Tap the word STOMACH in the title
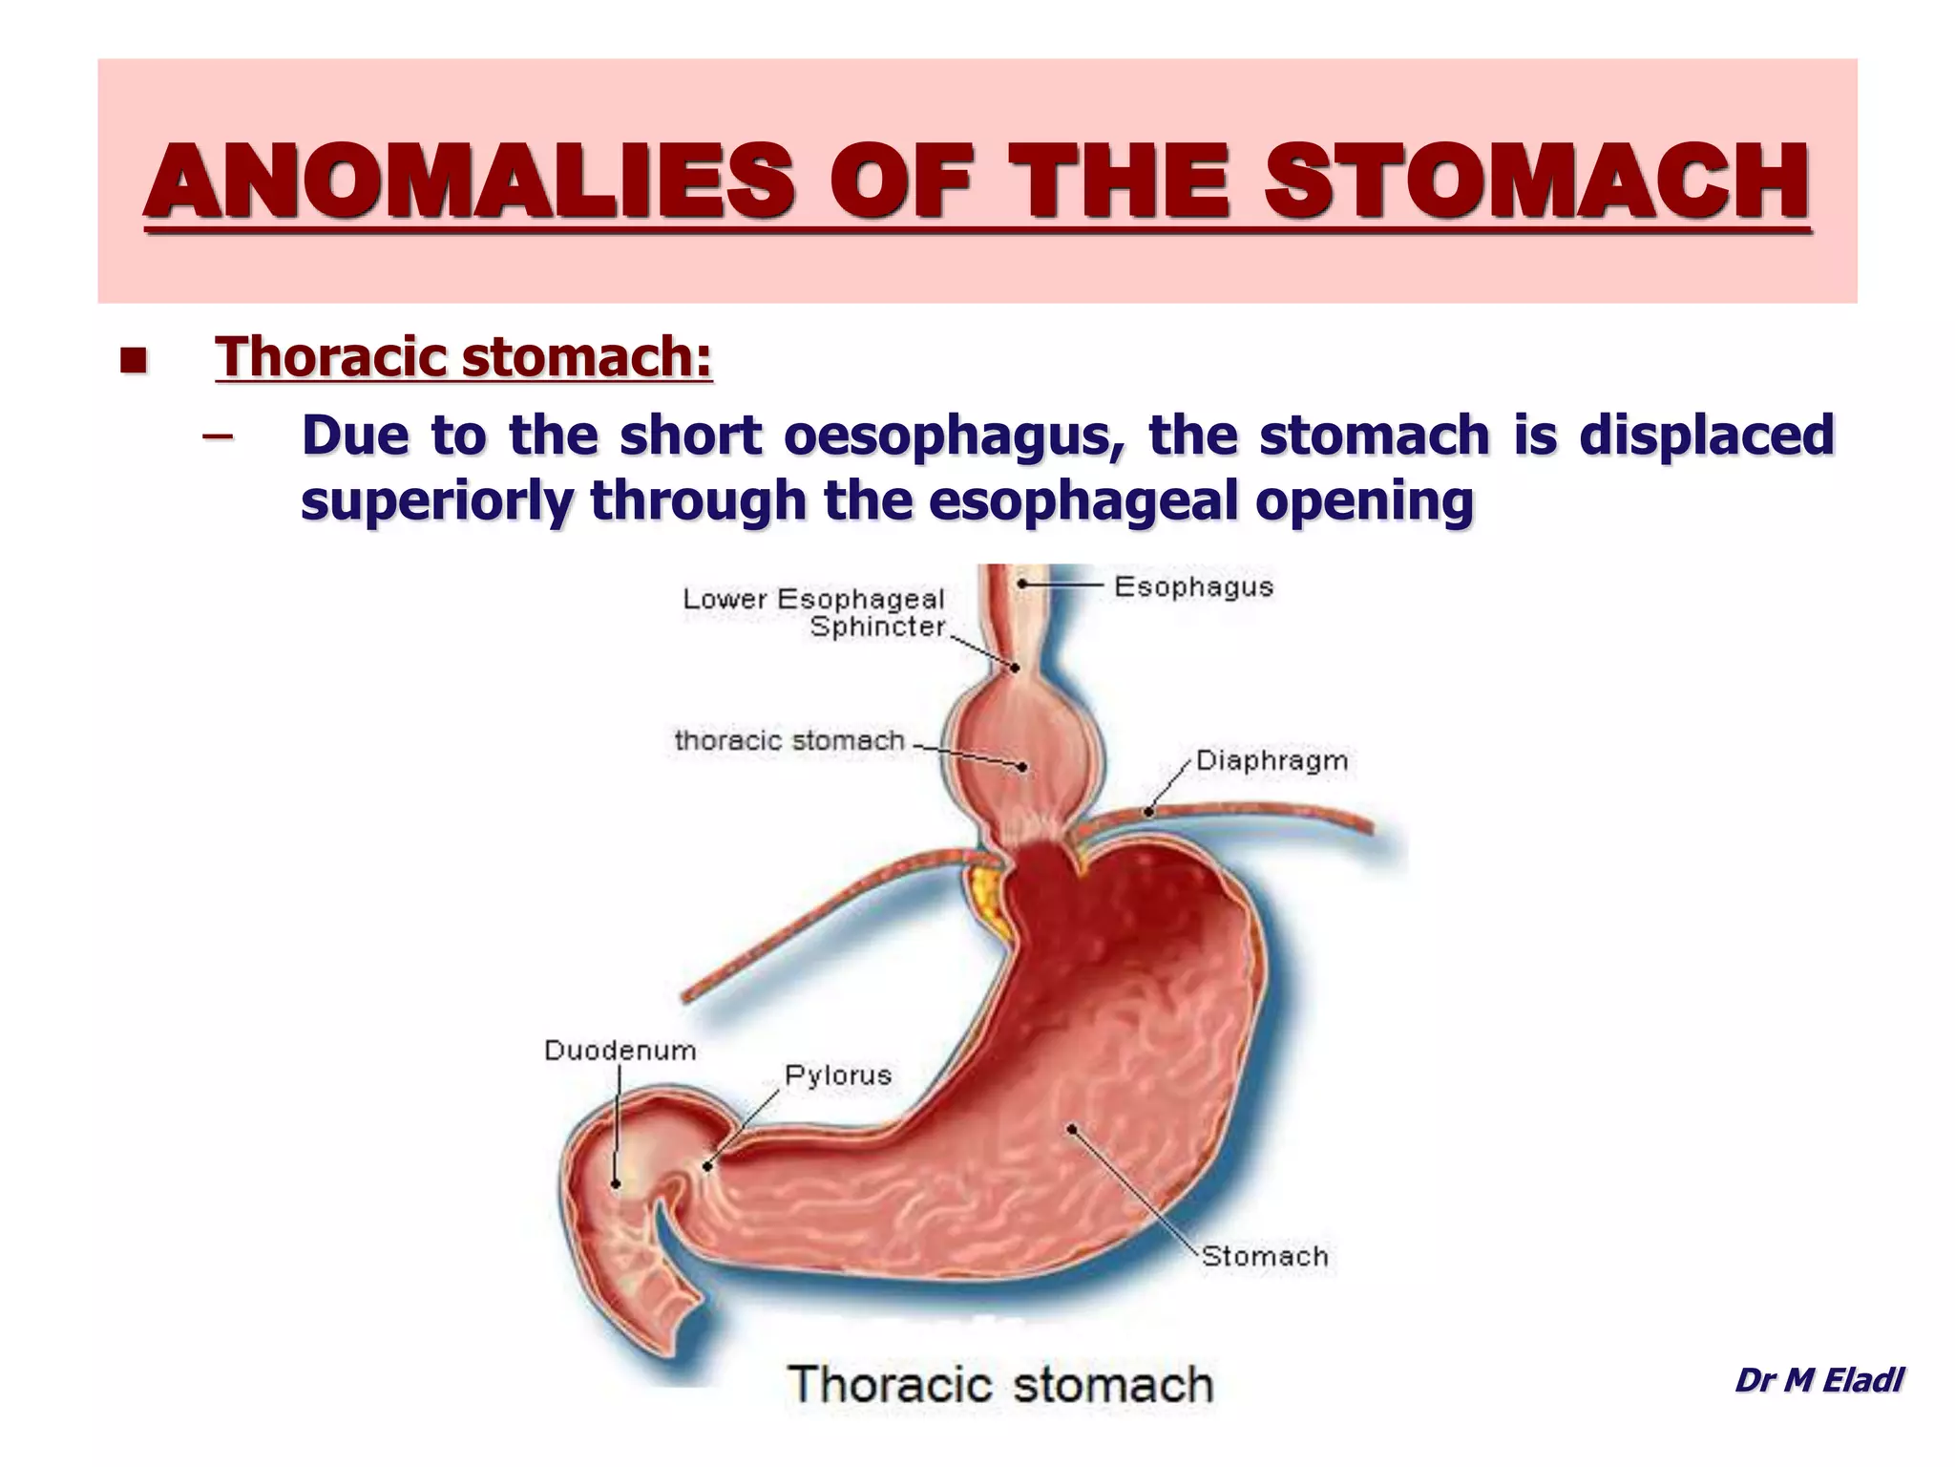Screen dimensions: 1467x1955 (x=1537, y=181)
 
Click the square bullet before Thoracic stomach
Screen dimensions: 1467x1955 (x=134, y=361)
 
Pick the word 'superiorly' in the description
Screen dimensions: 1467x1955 (x=435, y=500)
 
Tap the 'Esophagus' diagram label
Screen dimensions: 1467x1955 (x=1193, y=586)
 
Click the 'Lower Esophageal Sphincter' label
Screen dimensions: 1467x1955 (x=813, y=612)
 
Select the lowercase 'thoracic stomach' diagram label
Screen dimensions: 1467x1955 (x=789, y=740)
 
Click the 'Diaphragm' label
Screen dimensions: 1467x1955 (x=1272, y=761)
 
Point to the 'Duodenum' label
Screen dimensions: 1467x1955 (x=620, y=1051)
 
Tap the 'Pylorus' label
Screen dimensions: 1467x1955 (x=838, y=1075)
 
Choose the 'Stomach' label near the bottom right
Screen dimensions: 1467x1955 (x=1265, y=1256)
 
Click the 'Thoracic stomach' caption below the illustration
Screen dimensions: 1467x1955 (x=999, y=1384)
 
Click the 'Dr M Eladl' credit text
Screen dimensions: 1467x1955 (x=1818, y=1379)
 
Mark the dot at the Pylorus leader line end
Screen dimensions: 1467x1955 (x=707, y=1165)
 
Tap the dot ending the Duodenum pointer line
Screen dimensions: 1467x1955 (x=616, y=1184)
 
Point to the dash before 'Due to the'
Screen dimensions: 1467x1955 (x=218, y=437)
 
